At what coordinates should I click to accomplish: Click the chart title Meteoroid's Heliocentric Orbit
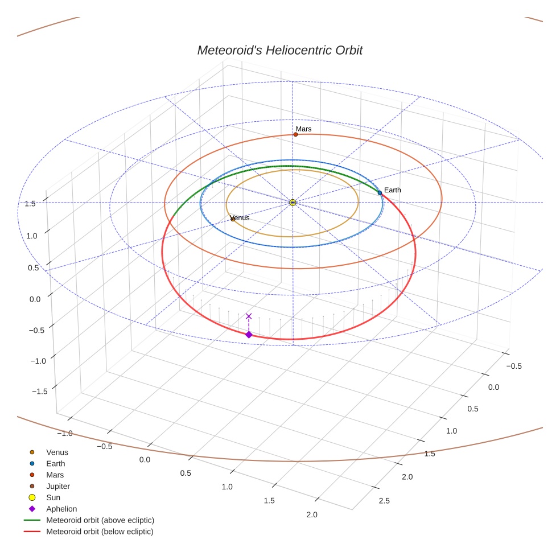pos(279,50)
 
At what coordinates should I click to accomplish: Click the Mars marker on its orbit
pos(295,134)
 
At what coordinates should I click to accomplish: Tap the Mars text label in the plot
pos(304,129)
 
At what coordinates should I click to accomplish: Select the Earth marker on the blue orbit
pos(380,193)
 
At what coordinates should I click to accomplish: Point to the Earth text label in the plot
pos(393,190)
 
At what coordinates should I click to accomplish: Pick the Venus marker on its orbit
pos(232,219)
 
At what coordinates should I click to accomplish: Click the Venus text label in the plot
pos(241,217)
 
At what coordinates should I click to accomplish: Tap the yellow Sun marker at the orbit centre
pos(293,203)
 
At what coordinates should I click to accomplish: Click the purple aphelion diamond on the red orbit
pos(249,335)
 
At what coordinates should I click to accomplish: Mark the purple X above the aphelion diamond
pos(249,316)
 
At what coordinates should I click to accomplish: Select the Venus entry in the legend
pos(57,452)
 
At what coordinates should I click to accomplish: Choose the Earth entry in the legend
pos(56,464)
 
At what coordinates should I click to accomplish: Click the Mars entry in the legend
pos(55,475)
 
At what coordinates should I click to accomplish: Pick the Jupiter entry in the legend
pos(58,486)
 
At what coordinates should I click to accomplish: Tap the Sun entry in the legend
pos(53,497)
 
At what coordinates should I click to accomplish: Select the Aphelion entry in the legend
pos(61,509)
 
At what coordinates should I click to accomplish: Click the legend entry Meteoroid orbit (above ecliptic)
pos(100,520)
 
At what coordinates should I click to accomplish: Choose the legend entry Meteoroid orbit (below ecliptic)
pos(100,532)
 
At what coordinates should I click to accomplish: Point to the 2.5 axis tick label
pos(384,501)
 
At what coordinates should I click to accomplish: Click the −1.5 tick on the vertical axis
pos(38,392)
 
